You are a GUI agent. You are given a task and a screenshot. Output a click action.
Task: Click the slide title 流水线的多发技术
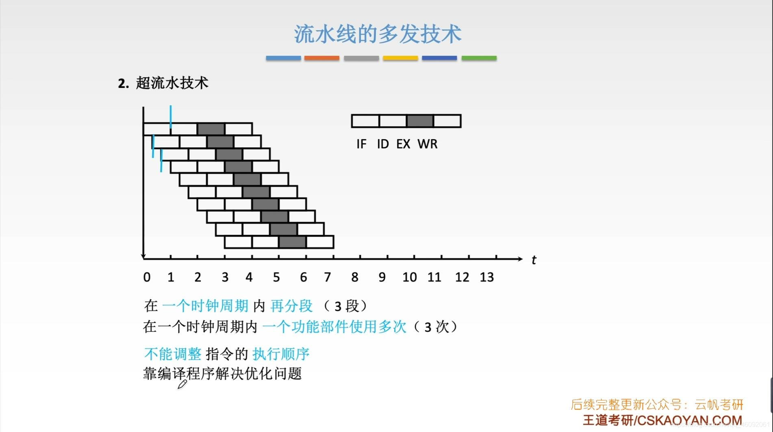[378, 34]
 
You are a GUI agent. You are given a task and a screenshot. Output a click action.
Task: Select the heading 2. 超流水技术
[163, 83]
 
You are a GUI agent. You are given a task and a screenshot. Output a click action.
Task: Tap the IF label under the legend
[361, 144]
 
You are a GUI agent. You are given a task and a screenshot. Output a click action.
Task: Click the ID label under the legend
[383, 144]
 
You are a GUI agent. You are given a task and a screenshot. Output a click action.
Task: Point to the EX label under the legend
[403, 144]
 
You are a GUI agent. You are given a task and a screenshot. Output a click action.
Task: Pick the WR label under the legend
[428, 144]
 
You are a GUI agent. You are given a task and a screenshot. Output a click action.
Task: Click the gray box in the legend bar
[420, 121]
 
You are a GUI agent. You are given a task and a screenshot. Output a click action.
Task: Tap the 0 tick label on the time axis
[147, 277]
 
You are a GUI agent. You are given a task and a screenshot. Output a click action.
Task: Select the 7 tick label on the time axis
[327, 277]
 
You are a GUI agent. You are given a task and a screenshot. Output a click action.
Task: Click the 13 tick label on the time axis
[486, 277]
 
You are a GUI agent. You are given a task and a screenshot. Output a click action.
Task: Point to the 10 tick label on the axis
[409, 277]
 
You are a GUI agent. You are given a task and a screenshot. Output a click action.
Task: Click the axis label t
[534, 260]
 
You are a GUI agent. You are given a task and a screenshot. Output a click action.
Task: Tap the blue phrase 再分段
[291, 306]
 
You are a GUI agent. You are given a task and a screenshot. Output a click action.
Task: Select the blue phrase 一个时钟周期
[205, 306]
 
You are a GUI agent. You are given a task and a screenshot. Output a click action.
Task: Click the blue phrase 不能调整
[173, 354]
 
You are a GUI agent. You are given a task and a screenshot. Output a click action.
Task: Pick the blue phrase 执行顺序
[281, 354]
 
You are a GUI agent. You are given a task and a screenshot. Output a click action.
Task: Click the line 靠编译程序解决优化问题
[222, 373]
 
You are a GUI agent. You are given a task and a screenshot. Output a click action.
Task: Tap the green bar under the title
[479, 58]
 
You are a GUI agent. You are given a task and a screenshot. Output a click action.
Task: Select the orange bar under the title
[321, 58]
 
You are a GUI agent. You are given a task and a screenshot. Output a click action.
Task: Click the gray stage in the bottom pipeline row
[292, 242]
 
